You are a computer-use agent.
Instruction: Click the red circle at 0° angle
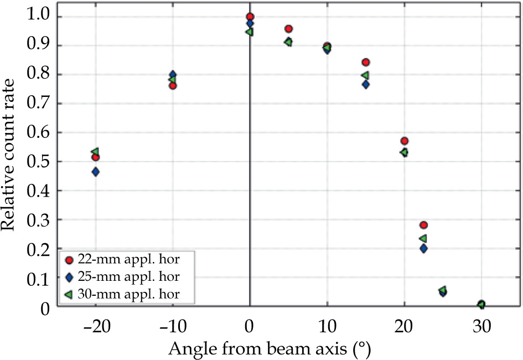click(x=250, y=17)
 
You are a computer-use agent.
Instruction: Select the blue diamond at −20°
click(x=96, y=172)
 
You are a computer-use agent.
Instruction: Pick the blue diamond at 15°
click(x=365, y=84)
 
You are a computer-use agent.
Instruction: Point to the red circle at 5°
click(x=288, y=29)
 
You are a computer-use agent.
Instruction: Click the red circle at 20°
click(x=405, y=141)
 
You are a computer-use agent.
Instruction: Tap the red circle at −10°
click(x=173, y=86)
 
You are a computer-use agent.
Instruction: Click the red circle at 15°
click(x=365, y=63)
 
